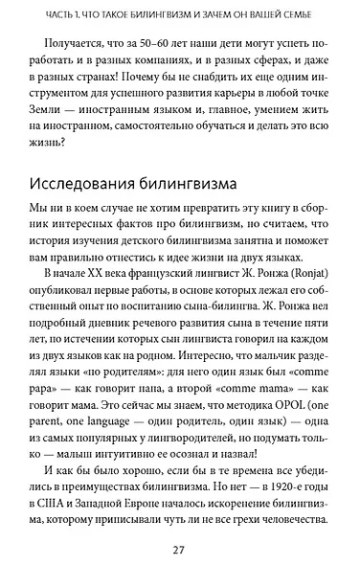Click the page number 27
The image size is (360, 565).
tap(179, 548)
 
